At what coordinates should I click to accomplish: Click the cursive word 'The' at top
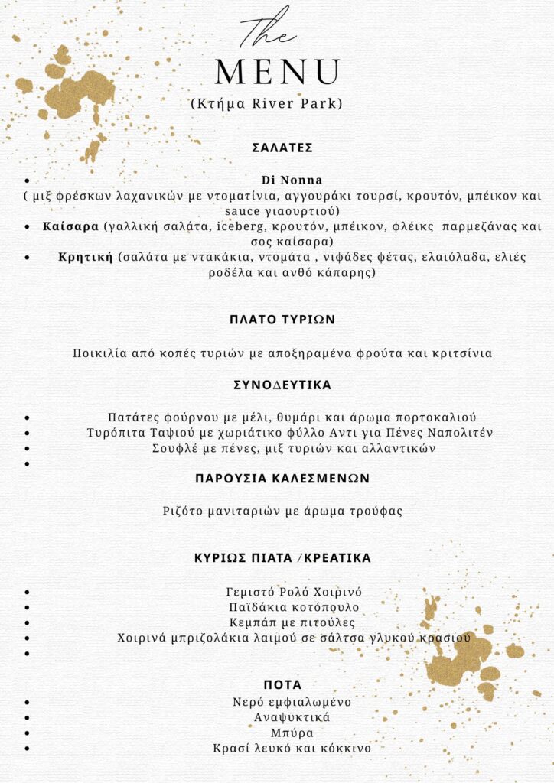(x=267, y=31)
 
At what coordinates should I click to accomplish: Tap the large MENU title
(x=277, y=72)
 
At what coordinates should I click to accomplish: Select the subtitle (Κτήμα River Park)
(x=266, y=103)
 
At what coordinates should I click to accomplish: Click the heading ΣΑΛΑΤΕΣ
(x=282, y=148)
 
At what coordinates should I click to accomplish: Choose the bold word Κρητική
(x=86, y=257)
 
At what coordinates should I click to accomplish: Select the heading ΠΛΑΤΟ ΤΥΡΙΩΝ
(x=282, y=320)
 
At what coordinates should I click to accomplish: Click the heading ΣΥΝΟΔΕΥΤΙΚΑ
(x=282, y=385)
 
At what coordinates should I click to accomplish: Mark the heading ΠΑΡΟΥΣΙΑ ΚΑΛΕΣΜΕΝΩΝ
(x=282, y=478)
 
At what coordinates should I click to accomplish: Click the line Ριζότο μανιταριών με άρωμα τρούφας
(x=282, y=510)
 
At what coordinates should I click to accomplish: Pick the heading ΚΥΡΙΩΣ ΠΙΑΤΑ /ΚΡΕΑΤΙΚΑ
(x=282, y=558)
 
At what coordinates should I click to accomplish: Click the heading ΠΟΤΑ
(x=282, y=684)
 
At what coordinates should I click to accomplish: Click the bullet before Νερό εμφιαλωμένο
(x=28, y=702)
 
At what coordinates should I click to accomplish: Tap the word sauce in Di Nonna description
(x=243, y=210)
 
